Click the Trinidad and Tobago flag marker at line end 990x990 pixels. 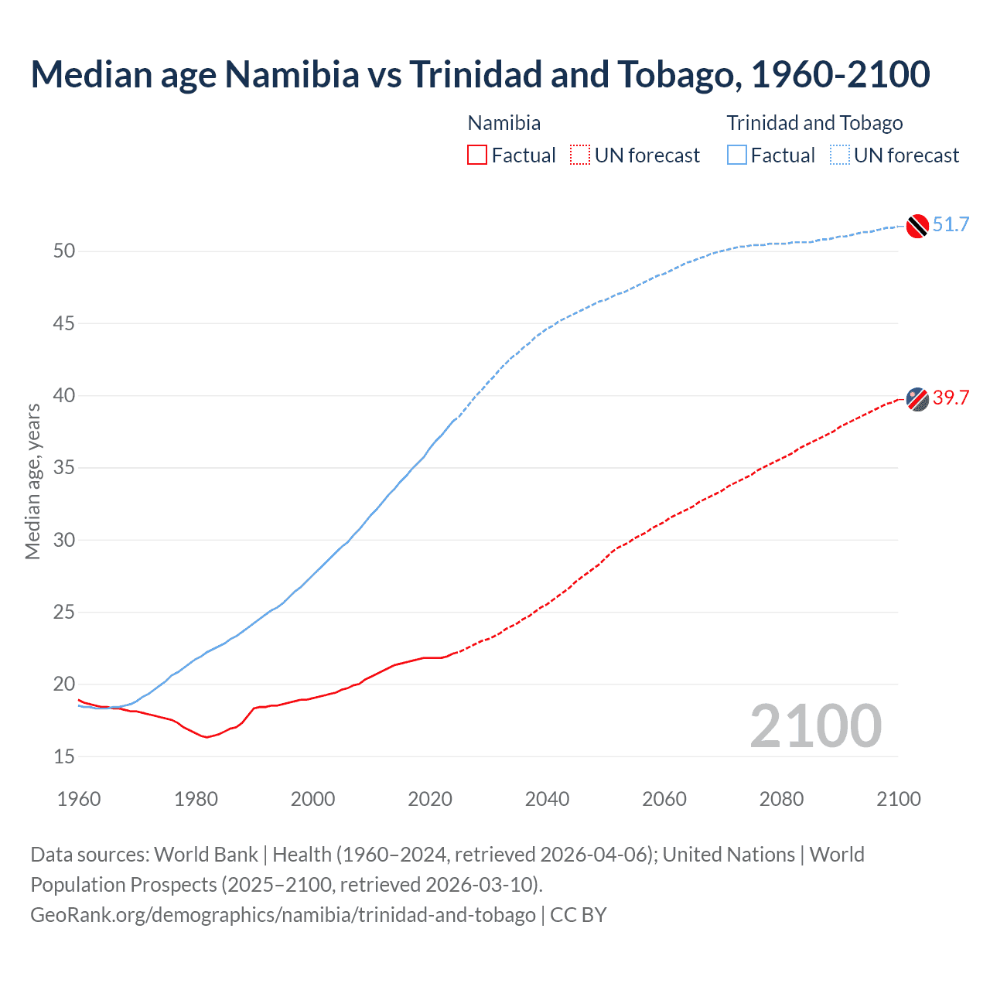point(917,225)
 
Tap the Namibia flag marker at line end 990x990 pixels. point(917,399)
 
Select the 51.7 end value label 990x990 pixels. point(951,225)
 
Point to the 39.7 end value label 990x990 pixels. point(951,398)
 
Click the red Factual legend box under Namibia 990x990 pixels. point(477,155)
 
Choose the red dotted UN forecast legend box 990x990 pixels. point(580,155)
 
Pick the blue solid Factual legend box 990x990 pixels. point(736,155)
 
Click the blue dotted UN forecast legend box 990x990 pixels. point(839,155)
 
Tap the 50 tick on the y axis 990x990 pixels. point(64,251)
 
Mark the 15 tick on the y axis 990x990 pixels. point(64,756)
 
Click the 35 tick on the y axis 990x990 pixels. point(64,468)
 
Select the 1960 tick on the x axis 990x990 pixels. point(79,799)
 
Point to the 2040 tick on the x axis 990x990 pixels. point(547,799)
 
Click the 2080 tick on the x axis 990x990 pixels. point(781,799)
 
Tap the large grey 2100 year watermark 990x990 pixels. point(815,725)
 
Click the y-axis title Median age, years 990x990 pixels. point(32,481)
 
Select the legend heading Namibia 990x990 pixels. point(504,123)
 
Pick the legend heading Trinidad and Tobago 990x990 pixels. point(814,123)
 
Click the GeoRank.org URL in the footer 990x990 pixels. point(283,915)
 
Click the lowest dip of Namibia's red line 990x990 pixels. point(206,737)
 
